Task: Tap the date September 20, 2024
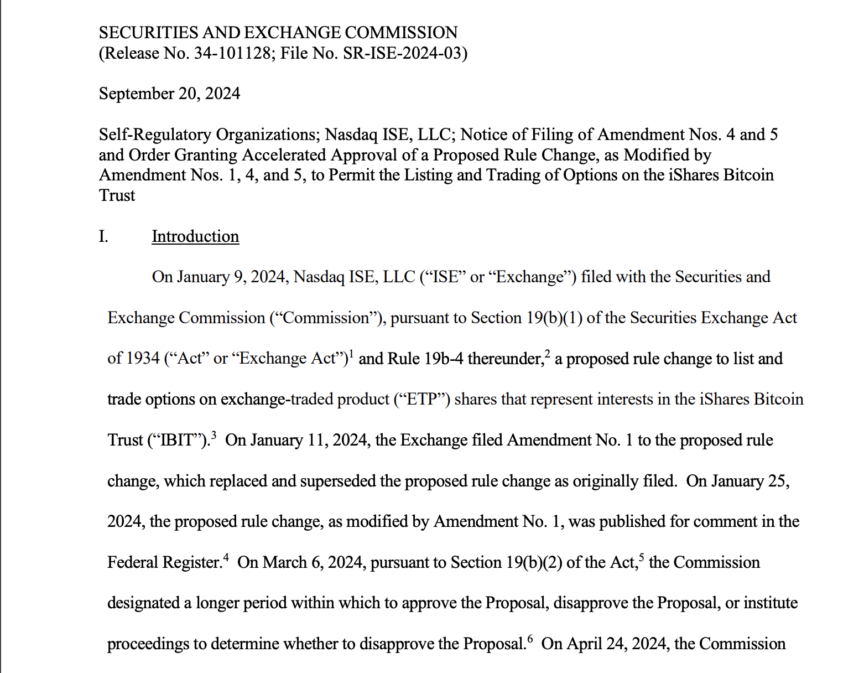pos(169,94)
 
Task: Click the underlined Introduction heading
pos(195,236)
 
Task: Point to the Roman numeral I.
pos(103,236)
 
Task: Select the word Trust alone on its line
pos(117,195)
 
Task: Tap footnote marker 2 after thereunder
pos(548,354)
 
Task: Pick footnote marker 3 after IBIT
pos(214,435)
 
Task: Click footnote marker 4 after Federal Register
pos(226,557)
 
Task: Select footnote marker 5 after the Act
pos(642,557)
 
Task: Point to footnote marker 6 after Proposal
pos(530,639)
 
